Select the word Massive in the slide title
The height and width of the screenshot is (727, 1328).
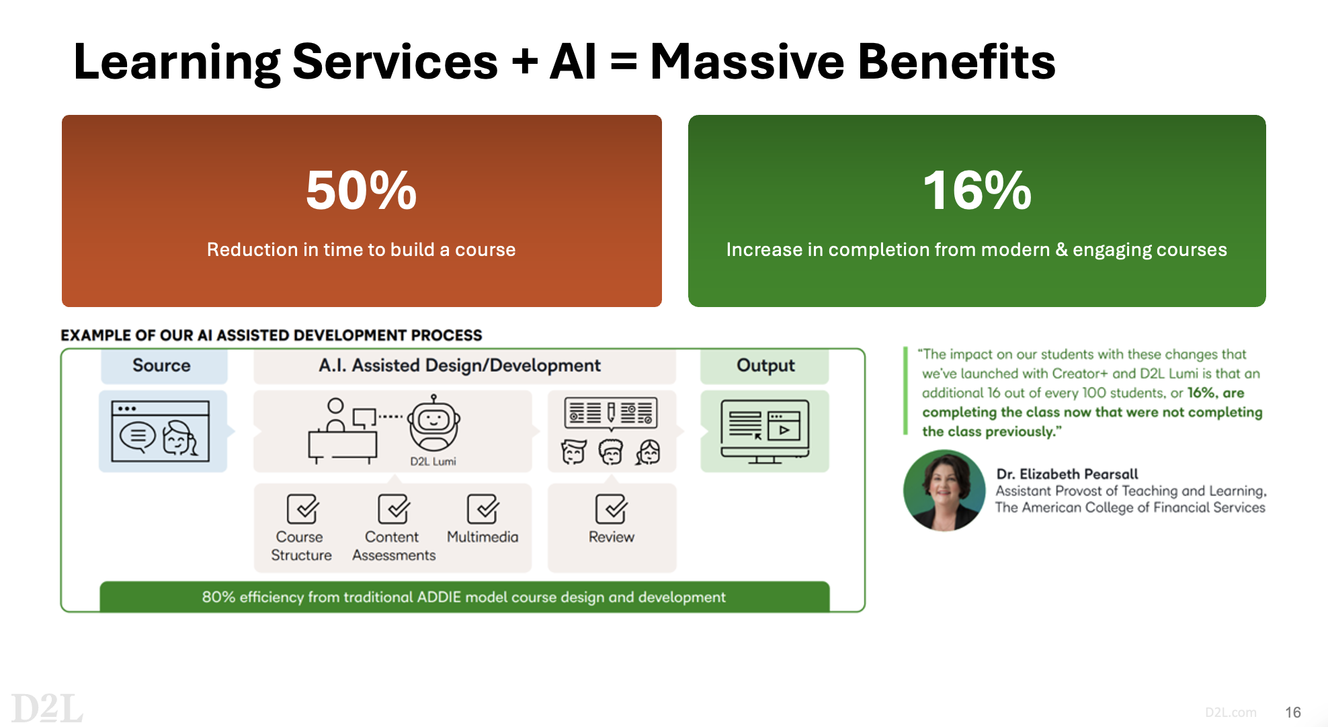pyautogui.click(x=747, y=61)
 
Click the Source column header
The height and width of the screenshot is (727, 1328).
pyautogui.click(x=161, y=365)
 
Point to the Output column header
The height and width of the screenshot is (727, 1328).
pyautogui.click(x=765, y=365)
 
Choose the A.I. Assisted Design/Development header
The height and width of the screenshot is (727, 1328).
pyautogui.click(x=460, y=365)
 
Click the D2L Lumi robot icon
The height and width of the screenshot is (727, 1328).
pyautogui.click(x=434, y=423)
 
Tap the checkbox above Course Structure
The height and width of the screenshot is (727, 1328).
pyautogui.click(x=302, y=509)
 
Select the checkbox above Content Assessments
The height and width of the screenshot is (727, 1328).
pyautogui.click(x=393, y=509)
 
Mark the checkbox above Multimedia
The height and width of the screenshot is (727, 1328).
pyautogui.click(x=483, y=509)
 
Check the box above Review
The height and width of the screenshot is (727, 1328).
pyautogui.click(x=611, y=509)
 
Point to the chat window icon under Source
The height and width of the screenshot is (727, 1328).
pyautogui.click(x=161, y=431)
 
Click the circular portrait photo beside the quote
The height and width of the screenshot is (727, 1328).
pyautogui.click(x=944, y=490)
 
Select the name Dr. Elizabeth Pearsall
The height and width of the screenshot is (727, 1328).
pyautogui.click(x=1067, y=474)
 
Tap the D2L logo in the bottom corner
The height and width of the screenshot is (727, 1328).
pyautogui.click(x=46, y=708)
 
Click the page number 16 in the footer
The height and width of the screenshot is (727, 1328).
pyautogui.click(x=1293, y=712)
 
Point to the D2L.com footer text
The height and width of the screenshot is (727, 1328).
pyautogui.click(x=1231, y=712)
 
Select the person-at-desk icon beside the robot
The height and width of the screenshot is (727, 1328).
pyautogui.click(x=343, y=431)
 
